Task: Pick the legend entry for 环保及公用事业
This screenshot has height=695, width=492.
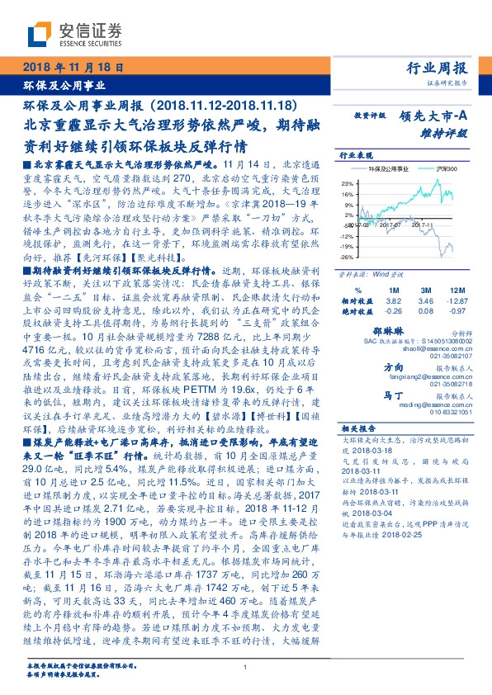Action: pos(389,168)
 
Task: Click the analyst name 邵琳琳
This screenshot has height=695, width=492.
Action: pos(398,329)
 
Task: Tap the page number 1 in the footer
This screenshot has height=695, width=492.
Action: pos(245,667)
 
